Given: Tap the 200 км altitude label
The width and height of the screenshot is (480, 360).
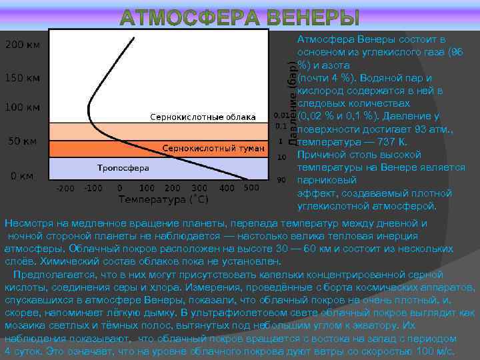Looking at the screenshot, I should (x=23, y=45).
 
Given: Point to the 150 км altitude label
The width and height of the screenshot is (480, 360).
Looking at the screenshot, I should (x=23, y=78).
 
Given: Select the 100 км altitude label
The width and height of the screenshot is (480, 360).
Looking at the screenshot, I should (x=23, y=107).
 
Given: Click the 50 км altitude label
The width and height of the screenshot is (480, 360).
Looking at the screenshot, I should (x=23, y=141).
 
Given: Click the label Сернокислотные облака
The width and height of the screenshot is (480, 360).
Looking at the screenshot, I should (x=202, y=117).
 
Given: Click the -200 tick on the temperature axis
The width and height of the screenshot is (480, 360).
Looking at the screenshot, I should (x=65, y=189).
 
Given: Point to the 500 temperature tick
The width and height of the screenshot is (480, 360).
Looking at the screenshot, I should (x=251, y=188).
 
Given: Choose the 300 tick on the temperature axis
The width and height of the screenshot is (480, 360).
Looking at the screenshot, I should (x=199, y=189).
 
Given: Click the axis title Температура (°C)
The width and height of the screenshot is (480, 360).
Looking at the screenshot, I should (x=163, y=199).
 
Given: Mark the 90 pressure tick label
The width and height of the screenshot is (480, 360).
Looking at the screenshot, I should (x=281, y=180).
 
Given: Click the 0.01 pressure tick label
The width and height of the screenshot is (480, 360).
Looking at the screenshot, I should (x=281, y=114).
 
